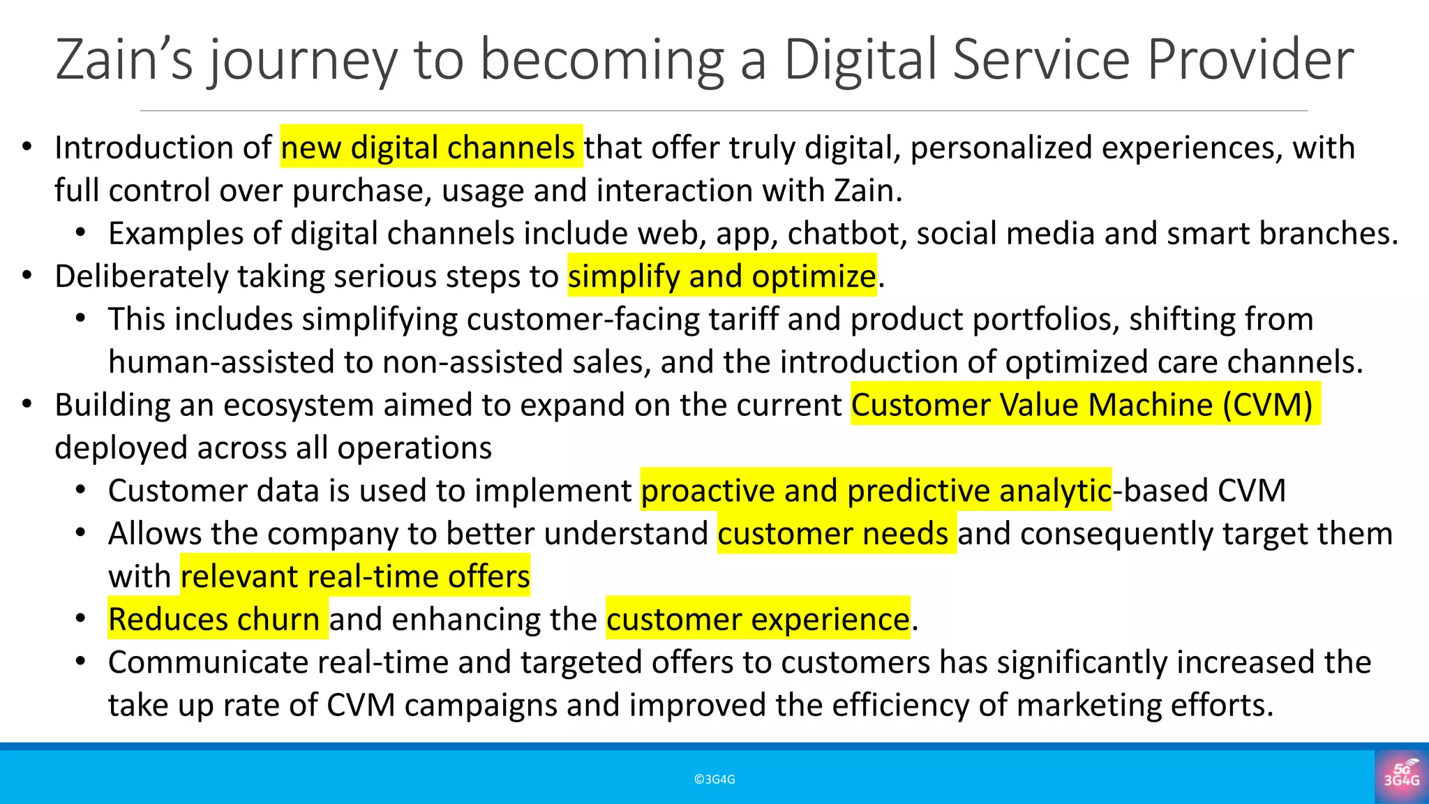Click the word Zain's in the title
click(124, 60)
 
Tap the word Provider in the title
click(1250, 60)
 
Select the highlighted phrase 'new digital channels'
click(431, 147)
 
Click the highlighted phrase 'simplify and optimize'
click(721, 276)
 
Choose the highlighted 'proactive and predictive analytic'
click(876, 491)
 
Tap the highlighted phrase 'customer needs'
click(835, 534)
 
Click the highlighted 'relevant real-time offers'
click(355, 576)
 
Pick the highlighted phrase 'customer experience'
click(758, 620)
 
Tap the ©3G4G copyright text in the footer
click(714, 780)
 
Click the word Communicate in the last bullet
click(209, 662)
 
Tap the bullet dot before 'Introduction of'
click(27, 147)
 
